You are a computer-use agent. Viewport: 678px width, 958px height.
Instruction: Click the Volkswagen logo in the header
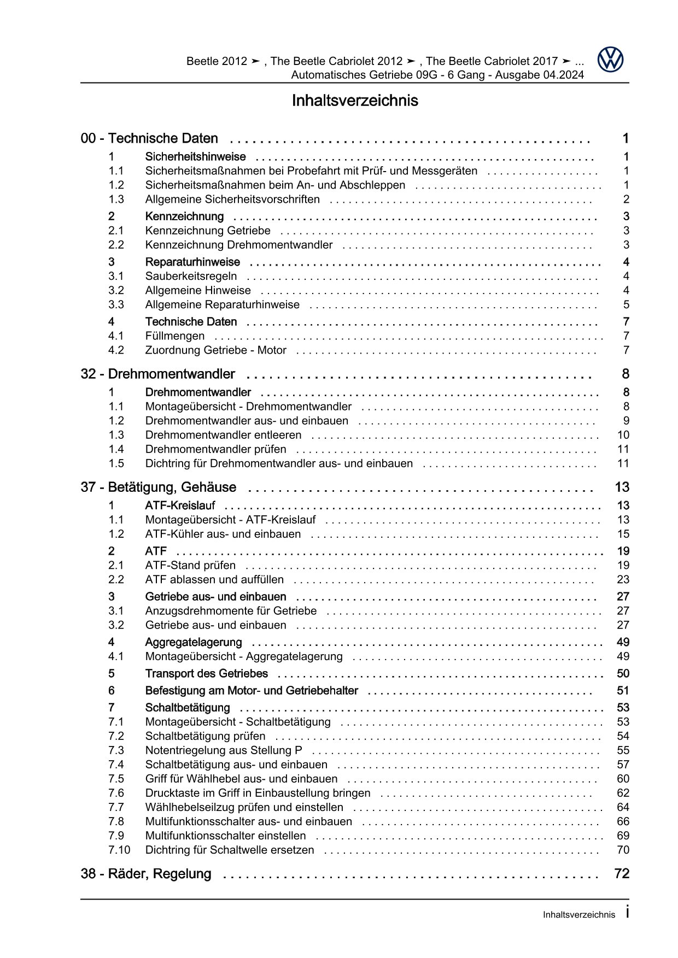[610, 59]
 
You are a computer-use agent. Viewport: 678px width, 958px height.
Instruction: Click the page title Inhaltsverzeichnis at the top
[355, 101]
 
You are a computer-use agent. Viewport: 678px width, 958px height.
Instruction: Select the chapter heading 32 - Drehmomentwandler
[157, 374]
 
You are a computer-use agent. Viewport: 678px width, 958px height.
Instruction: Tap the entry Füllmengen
[175, 336]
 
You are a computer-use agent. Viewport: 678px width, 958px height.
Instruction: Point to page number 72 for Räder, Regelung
[622, 874]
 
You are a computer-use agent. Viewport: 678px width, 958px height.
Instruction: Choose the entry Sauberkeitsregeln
[191, 277]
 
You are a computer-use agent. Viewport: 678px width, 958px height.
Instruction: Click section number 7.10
[119, 850]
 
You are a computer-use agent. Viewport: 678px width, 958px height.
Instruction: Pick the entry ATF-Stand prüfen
[190, 566]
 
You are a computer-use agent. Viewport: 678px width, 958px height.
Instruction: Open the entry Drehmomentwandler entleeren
[223, 436]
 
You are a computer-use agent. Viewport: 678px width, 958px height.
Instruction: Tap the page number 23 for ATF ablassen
[623, 580]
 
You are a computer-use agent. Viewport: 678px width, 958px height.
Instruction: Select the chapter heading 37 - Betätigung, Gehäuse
[159, 487]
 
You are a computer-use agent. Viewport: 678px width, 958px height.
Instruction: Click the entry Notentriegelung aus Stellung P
[224, 751]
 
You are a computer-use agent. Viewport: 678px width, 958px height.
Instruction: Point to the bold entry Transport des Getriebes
[206, 674]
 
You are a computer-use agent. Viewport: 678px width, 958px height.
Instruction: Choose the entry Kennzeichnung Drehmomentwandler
[238, 245]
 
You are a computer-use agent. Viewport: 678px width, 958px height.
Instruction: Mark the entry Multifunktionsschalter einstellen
[225, 836]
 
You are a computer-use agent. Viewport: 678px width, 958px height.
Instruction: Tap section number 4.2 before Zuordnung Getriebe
[116, 350]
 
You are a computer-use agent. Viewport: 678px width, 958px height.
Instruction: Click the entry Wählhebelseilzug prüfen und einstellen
[244, 808]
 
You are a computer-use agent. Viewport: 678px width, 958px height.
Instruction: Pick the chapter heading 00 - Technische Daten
[149, 139]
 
